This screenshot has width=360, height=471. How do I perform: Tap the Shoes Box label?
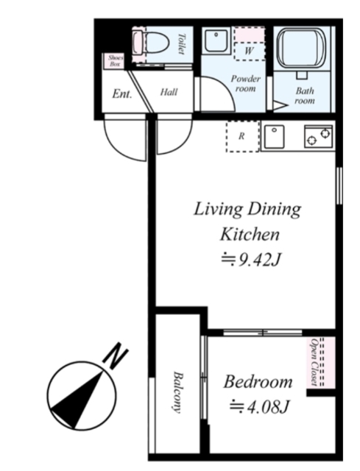point(116,61)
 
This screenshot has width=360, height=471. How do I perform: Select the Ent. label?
point(122,94)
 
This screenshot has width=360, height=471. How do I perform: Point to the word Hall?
point(169,92)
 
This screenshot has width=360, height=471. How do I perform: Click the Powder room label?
point(245,84)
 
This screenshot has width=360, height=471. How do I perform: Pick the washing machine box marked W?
point(249,51)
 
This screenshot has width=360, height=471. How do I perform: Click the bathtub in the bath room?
point(301,49)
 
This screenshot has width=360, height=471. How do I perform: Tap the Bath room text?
point(305,96)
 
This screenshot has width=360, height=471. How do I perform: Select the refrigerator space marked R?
point(242,136)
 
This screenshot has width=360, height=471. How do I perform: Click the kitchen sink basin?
point(274,137)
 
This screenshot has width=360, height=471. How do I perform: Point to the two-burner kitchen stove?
point(319,137)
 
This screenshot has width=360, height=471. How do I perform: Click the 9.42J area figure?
point(251,260)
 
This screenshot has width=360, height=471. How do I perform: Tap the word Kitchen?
point(250,234)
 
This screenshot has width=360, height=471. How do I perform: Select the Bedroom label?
point(258,382)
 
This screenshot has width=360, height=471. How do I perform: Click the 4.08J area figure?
point(259,407)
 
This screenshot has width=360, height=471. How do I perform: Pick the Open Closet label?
point(314,362)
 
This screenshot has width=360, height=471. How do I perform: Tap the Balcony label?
point(178,392)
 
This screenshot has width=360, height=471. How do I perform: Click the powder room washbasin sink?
point(216,40)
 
